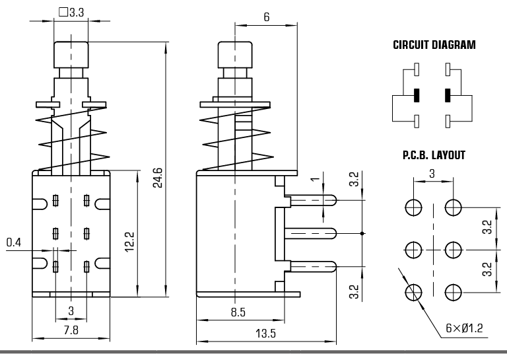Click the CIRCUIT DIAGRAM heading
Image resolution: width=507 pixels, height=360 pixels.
(434, 46)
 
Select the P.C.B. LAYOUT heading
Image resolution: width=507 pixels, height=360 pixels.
(434, 156)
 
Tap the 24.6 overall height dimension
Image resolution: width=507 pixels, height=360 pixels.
(157, 177)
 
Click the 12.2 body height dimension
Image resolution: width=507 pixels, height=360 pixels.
(129, 242)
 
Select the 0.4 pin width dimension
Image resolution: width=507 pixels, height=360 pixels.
(14, 243)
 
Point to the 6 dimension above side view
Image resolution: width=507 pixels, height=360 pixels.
(266, 17)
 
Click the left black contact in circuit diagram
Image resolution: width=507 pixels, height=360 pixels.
(417, 94)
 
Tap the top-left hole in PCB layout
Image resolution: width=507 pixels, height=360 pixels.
(413, 207)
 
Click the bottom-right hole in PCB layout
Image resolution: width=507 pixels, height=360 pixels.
(453, 292)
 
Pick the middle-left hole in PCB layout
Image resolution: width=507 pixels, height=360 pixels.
(413, 250)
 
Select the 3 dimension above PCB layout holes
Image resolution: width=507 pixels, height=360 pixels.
(432, 173)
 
